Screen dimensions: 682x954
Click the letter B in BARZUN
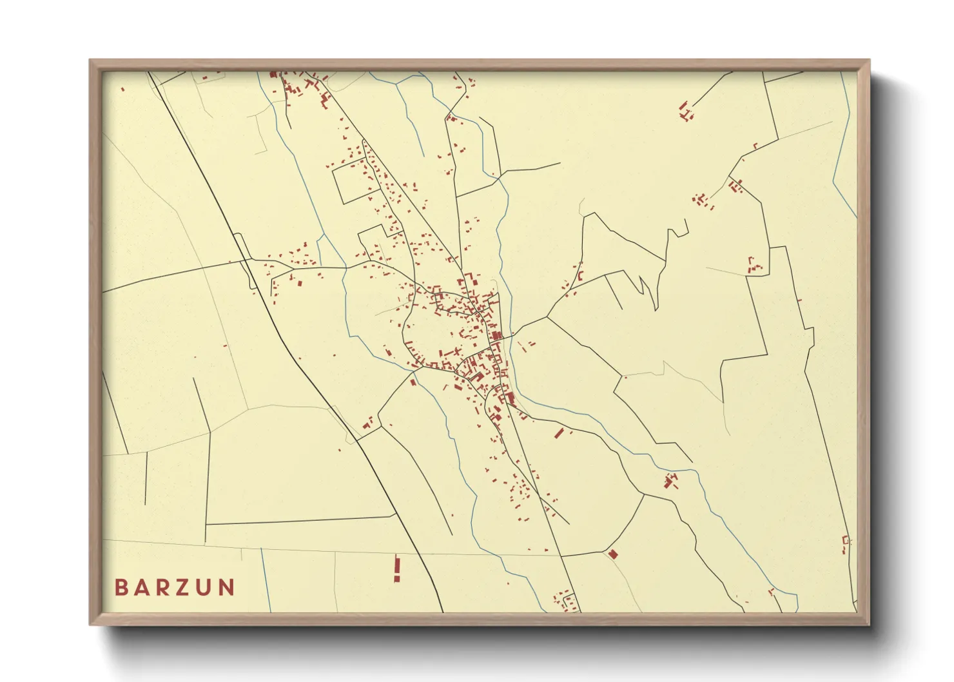pos(121,587)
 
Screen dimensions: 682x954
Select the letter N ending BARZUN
pos(226,587)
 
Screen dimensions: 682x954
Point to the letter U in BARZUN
pos(205,587)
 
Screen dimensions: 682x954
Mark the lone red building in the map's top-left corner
pos(122,90)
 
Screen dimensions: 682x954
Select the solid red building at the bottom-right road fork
pos(612,553)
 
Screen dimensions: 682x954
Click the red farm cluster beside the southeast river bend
pos(671,480)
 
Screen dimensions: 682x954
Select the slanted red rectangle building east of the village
pos(560,433)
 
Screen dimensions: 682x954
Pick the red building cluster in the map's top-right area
pos(686,111)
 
